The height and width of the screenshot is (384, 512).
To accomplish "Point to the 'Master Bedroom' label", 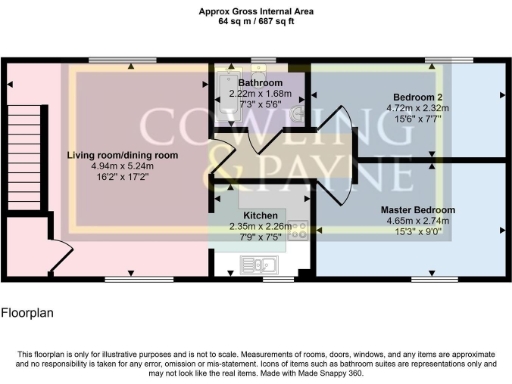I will click(x=417, y=210).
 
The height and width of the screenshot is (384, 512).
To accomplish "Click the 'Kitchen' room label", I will click(x=259, y=215).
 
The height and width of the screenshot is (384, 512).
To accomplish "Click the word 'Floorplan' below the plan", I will click(x=27, y=312).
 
